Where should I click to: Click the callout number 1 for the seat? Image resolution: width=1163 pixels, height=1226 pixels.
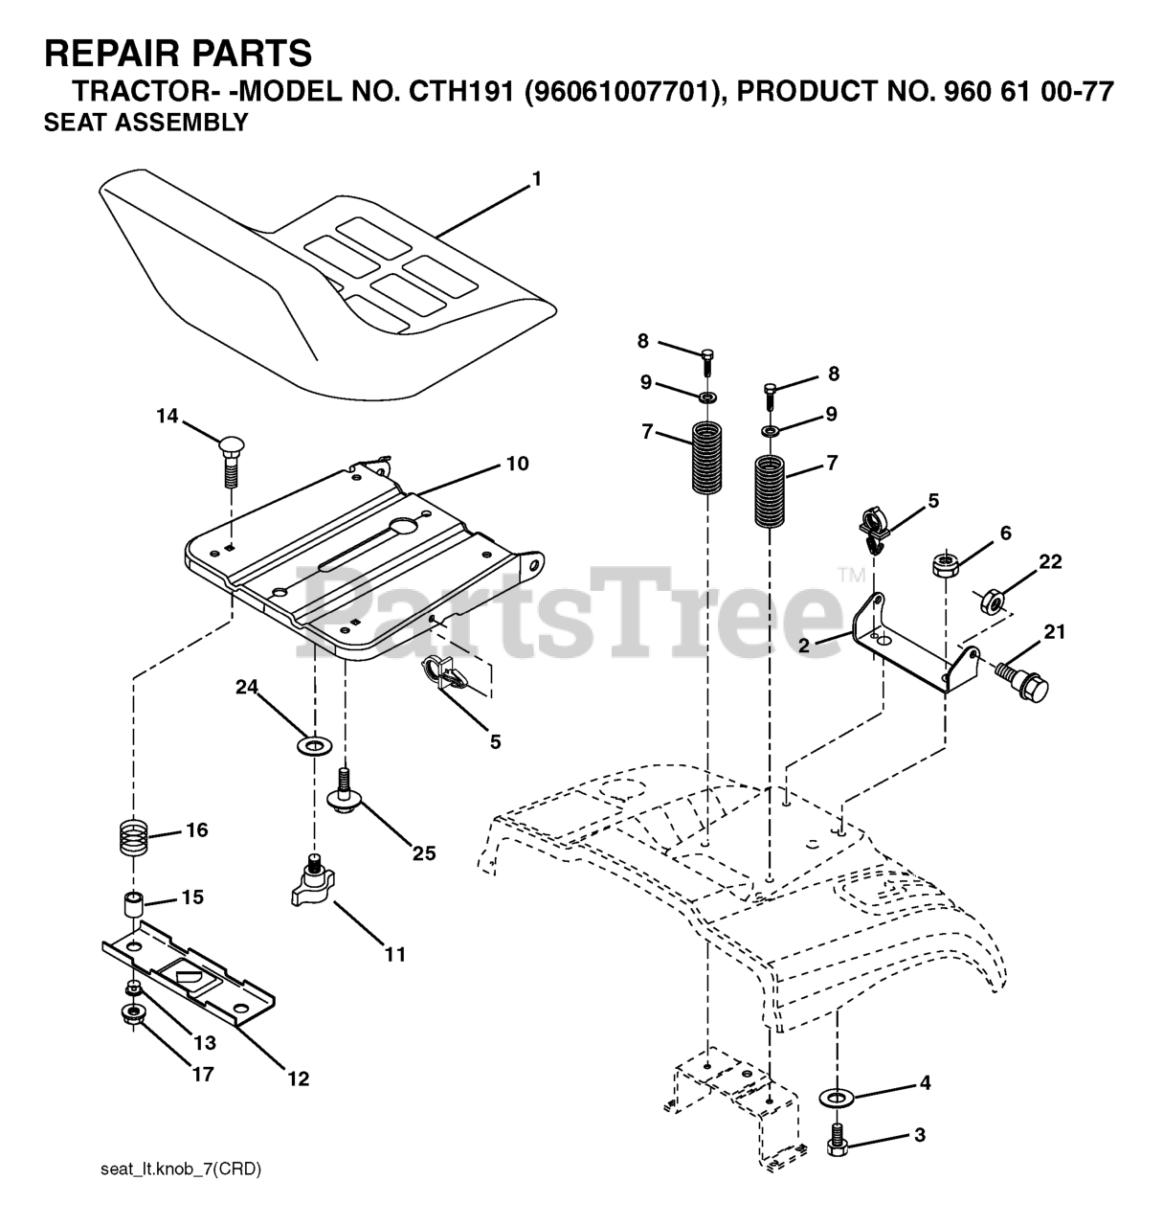(x=537, y=179)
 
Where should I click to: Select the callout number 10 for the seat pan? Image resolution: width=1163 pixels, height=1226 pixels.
(x=517, y=465)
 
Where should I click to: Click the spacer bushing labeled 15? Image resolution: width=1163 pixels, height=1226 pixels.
(x=133, y=903)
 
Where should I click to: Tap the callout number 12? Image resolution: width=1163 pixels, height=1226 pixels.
(x=298, y=1078)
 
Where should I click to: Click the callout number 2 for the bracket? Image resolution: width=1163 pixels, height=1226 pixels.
(x=804, y=646)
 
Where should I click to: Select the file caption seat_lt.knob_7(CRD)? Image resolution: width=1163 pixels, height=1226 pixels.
(x=180, y=1169)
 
